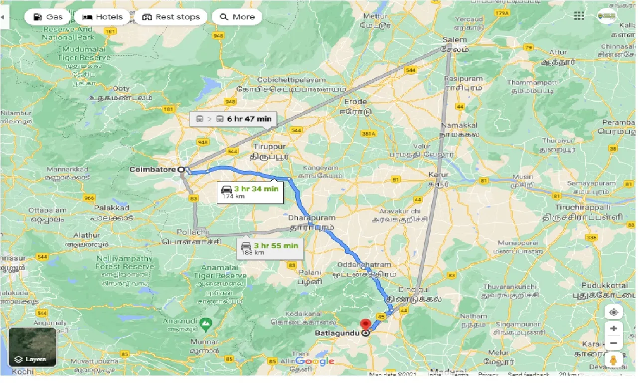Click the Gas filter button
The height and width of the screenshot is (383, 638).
pos(48,17)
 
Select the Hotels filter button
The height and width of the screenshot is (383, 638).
pos(102,17)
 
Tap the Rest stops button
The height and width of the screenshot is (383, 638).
pos(171,17)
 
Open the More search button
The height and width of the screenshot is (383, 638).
pos(237,17)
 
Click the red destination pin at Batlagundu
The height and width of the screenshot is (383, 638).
pos(366,324)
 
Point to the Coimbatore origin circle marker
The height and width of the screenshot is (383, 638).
pos(181,170)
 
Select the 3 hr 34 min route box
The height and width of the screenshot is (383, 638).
pos(250,192)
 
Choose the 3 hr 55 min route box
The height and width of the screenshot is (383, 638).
pos(270,248)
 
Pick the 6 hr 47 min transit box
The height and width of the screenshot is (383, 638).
pos(233,119)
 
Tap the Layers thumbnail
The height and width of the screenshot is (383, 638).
pos(32,347)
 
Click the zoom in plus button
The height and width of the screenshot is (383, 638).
pos(614,329)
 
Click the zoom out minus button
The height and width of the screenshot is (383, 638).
pos(614,343)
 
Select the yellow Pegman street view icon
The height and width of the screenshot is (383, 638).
pos(614,361)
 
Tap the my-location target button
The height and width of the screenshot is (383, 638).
pos(614,312)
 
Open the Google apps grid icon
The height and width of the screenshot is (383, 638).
pos(579,16)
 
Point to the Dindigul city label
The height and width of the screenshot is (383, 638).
pos(414,289)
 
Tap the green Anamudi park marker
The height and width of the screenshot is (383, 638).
pos(205,325)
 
